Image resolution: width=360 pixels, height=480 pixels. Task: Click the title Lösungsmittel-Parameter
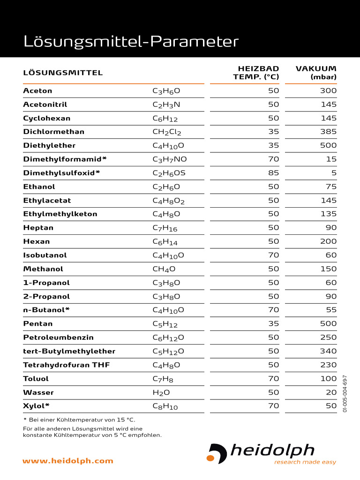(131, 42)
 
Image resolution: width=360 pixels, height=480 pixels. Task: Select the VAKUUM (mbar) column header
(316, 73)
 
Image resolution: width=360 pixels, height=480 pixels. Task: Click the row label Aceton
(38, 91)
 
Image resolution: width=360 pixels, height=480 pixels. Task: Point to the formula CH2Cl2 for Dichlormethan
(167, 132)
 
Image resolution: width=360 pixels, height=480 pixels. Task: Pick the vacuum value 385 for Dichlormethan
(328, 132)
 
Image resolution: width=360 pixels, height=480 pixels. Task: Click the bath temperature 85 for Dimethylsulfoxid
(274, 173)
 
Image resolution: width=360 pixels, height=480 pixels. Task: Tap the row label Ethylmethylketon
(60, 214)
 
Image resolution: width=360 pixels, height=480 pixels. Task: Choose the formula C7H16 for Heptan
(165, 228)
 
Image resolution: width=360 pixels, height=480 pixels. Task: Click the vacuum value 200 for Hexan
(328, 241)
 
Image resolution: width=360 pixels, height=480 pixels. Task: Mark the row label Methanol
(43, 269)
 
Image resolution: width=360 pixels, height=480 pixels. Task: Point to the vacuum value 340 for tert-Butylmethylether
(328, 351)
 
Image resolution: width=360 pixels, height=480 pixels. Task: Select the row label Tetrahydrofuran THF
(67, 365)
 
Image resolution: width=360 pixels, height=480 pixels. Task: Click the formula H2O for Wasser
(161, 393)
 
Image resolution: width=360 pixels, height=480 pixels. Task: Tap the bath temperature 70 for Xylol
(274, 406)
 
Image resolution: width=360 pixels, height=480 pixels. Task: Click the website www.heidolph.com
(68, 461)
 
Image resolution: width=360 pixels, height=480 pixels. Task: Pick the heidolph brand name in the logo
(272, 451)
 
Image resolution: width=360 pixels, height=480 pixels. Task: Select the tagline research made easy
(305, 462)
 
